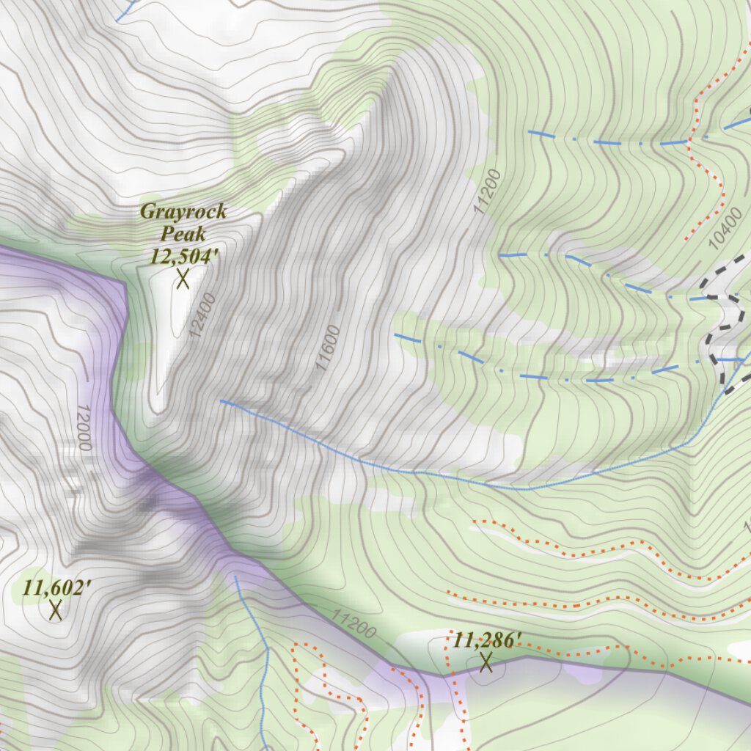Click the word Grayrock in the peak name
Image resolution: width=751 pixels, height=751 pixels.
183,212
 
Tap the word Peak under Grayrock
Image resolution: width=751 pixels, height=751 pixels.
183,234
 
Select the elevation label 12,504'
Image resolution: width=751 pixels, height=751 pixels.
183,256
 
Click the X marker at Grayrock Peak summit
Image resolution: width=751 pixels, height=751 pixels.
183,279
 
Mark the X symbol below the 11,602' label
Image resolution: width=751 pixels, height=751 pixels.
55,610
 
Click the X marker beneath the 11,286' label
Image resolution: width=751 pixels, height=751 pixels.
486,663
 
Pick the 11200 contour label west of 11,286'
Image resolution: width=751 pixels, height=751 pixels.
353,624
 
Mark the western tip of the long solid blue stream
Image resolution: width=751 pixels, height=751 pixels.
221,401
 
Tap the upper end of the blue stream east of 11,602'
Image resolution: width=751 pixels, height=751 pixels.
235,577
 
